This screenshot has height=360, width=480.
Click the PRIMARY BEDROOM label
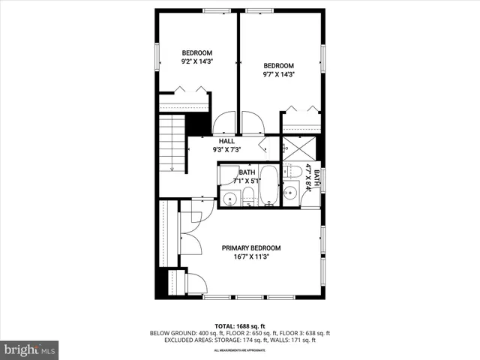click(250, 248)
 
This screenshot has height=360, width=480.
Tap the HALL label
click(226, 141)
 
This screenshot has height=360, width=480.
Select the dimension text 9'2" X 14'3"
click(197, 62)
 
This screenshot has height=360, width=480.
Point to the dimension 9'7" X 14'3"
click(278, 74)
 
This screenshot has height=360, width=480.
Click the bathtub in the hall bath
click(269, 187)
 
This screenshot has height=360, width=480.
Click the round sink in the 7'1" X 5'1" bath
click(230, 199)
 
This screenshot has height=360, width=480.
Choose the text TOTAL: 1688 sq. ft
click(240, 325)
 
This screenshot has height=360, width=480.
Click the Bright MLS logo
click(29, 349)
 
